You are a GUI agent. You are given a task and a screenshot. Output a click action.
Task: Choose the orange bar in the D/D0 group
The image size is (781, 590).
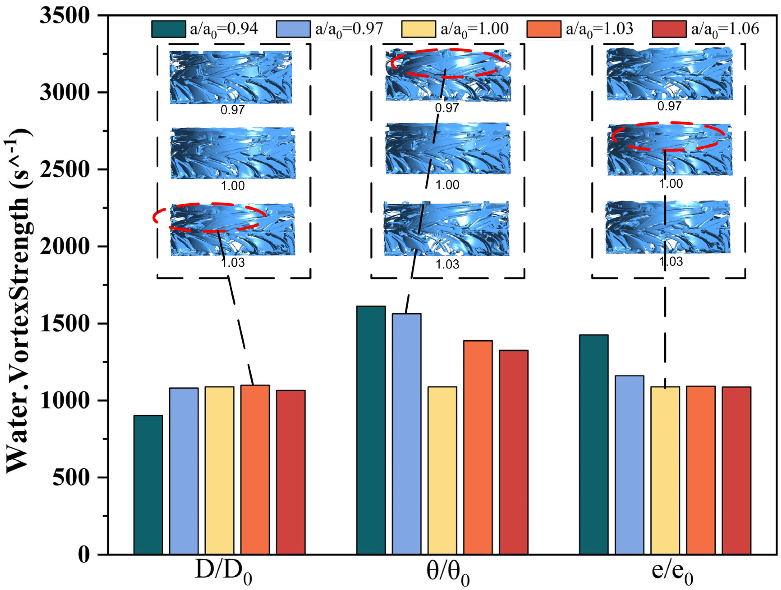(255, 470)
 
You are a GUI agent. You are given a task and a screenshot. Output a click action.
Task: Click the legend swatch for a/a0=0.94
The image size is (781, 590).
(168, 29)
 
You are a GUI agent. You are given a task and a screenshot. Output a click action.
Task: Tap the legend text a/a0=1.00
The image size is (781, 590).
(474, 29)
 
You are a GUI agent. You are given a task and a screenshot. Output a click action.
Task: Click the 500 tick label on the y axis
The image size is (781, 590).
(71, 478)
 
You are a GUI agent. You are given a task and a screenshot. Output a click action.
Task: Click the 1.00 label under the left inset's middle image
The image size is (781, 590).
(233, 186)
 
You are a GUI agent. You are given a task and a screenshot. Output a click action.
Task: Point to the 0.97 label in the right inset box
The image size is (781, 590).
(669, 106)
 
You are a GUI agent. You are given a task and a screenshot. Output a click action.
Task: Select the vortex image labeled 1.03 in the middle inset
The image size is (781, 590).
(447, 229)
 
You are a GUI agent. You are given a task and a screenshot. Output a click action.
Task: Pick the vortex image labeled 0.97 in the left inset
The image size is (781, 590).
(231, 77)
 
